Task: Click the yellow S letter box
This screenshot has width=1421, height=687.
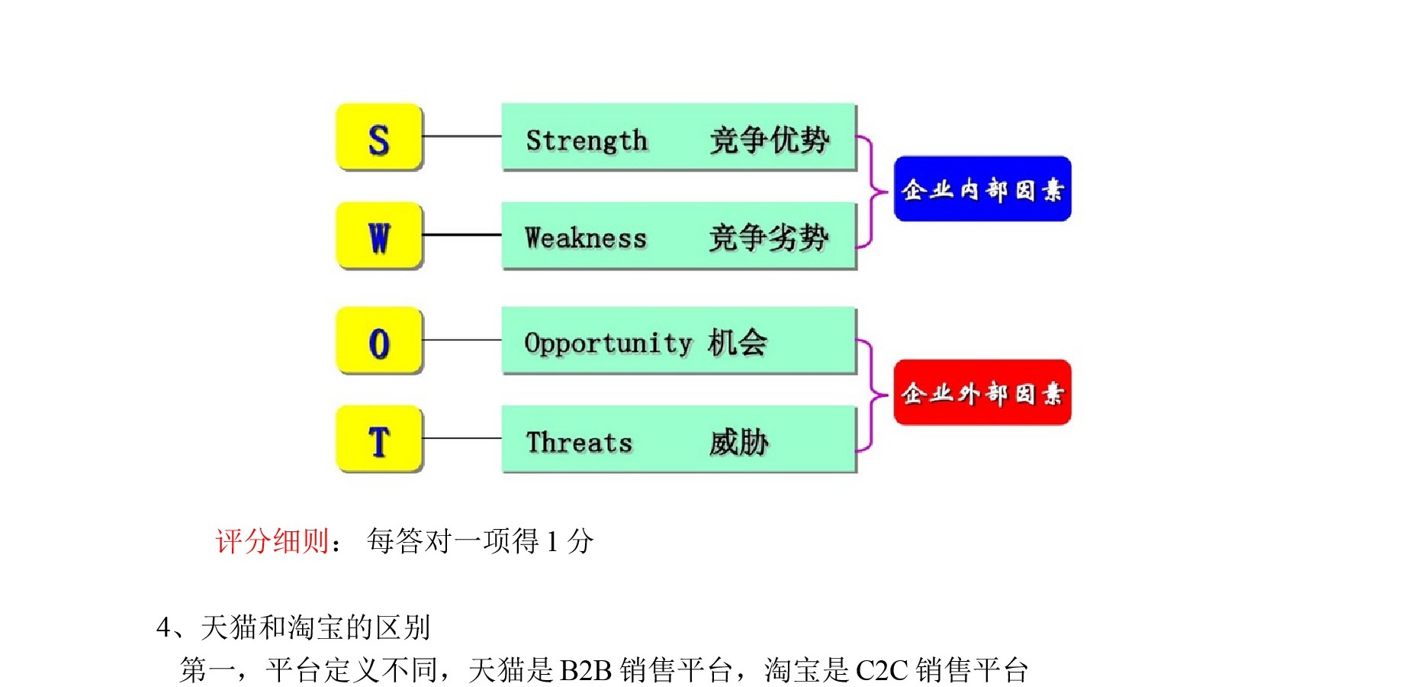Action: click(x=379, y=137)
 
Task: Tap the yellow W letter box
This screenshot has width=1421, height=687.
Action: click(x=379, y=236)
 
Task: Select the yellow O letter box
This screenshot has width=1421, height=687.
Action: click(x=379, y=340)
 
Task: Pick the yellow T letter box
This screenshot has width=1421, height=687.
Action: click(x=379, y=439)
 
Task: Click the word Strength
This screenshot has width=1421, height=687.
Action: click(x=587, y=141)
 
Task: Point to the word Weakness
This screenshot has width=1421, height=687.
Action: click(x=586, y=238)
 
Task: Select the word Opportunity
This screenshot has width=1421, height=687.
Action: click(x=608, y=343)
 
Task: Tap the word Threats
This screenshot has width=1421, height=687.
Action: click(x=579, y=442)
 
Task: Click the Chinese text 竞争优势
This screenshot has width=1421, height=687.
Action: click(x=769, y=140)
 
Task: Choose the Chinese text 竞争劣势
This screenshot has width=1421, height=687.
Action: click(x=769, y=238)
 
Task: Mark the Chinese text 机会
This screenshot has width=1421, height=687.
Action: click(x=738, y=342)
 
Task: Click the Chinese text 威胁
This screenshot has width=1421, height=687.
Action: click(x=738, y=442)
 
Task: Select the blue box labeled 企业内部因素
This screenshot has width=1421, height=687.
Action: click(x=982, y=189)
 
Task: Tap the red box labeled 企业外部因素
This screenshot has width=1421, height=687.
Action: click(x=982, y=392)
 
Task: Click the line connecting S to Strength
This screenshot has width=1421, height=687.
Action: click(x=462, y=137)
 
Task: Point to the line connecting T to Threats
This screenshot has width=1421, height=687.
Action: click(x=462, y=438)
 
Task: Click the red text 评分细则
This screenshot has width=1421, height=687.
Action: click(x=272, y=541)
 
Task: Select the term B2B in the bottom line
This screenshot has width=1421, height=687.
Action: click(x=586, y=671)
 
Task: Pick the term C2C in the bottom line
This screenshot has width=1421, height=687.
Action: click(x=882, y=671)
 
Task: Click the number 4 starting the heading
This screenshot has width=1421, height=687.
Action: click(x=163, y=628)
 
